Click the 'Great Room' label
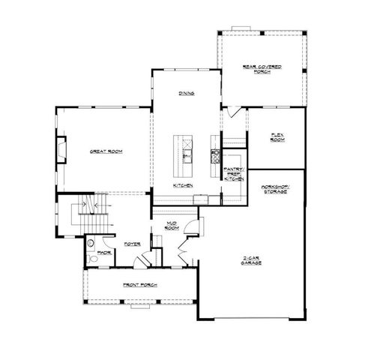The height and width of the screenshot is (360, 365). point(106,151)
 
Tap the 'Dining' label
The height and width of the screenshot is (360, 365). point(187,94)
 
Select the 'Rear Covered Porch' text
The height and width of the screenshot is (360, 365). point(262,69)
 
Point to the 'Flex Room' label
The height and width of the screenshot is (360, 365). point(277,137)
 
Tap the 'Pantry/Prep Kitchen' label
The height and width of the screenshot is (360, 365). point(235,175)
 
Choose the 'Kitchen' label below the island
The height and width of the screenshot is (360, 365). point(184,185)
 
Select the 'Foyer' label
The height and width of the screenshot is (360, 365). point(133,244)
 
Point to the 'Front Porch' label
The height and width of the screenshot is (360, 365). point(139,286)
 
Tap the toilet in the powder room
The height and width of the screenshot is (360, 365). point(90,258)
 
